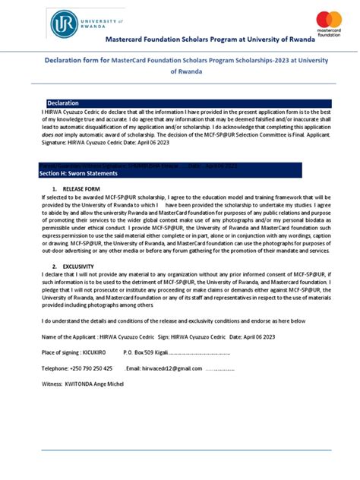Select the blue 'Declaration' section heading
coord(63,103)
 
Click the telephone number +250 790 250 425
coord(90,368)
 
